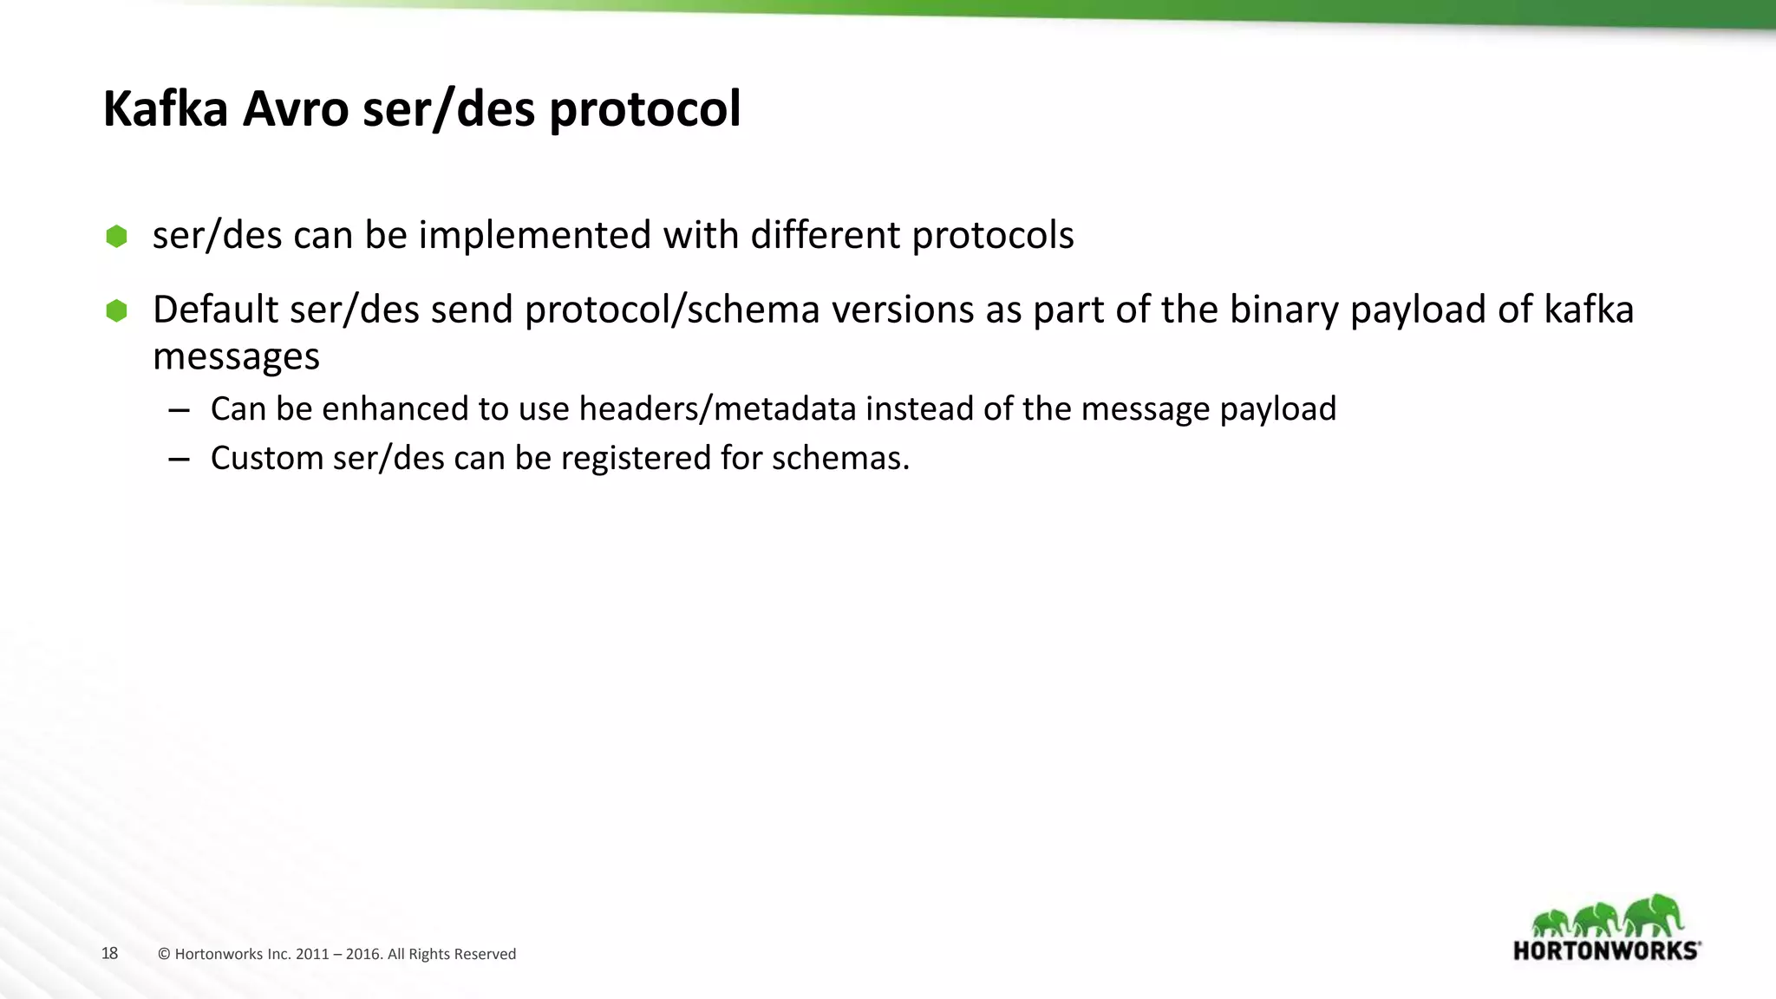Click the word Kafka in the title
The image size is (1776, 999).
(x=166, y=109)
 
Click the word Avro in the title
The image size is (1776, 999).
(x=295, y=109)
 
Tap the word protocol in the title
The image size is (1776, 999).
(x=645, y=111)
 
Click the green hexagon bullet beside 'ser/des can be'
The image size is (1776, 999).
(x=116, y=236)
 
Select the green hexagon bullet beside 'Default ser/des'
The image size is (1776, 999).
(x=116, y=310)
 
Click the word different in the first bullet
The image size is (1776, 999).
(x=825, y=235)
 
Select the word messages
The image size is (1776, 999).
(x=236, y=356)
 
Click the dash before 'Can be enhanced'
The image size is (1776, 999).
(x=180, y=410)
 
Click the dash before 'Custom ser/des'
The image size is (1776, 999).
(x=180, y=460)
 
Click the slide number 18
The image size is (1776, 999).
(x=109, y=953)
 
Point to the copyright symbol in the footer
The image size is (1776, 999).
(x=164, y=955)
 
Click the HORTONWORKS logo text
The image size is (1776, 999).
(x=1606, y=950)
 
